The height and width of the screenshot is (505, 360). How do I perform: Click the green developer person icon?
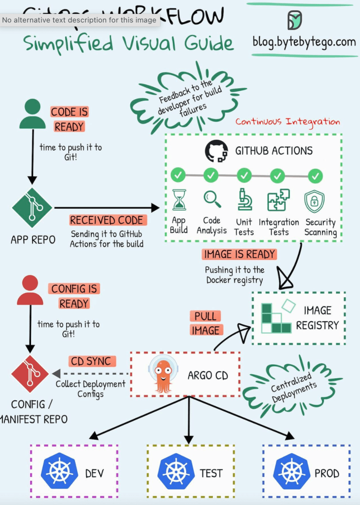pos(32,114)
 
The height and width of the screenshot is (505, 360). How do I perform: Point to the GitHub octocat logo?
pos(216,151)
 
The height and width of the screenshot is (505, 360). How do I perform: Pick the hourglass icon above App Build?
pos(179,200)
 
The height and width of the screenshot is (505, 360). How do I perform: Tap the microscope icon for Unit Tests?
pos(244,199)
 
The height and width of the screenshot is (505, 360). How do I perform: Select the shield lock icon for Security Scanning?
pos(315,201)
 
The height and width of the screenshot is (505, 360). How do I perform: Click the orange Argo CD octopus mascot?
pos(163,374)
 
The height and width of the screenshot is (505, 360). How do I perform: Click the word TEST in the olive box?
pos(211,473)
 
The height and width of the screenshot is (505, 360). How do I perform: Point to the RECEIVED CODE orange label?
pos(106,220)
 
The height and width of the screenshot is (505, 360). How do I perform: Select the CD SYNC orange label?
pos(91,361)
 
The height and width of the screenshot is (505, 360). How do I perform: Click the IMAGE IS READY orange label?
pos(239,255)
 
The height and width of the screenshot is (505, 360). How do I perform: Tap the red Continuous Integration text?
pos(287,121)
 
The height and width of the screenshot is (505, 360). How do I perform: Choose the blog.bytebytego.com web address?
pos(304,41)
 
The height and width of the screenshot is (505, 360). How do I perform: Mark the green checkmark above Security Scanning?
pos(315,175)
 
